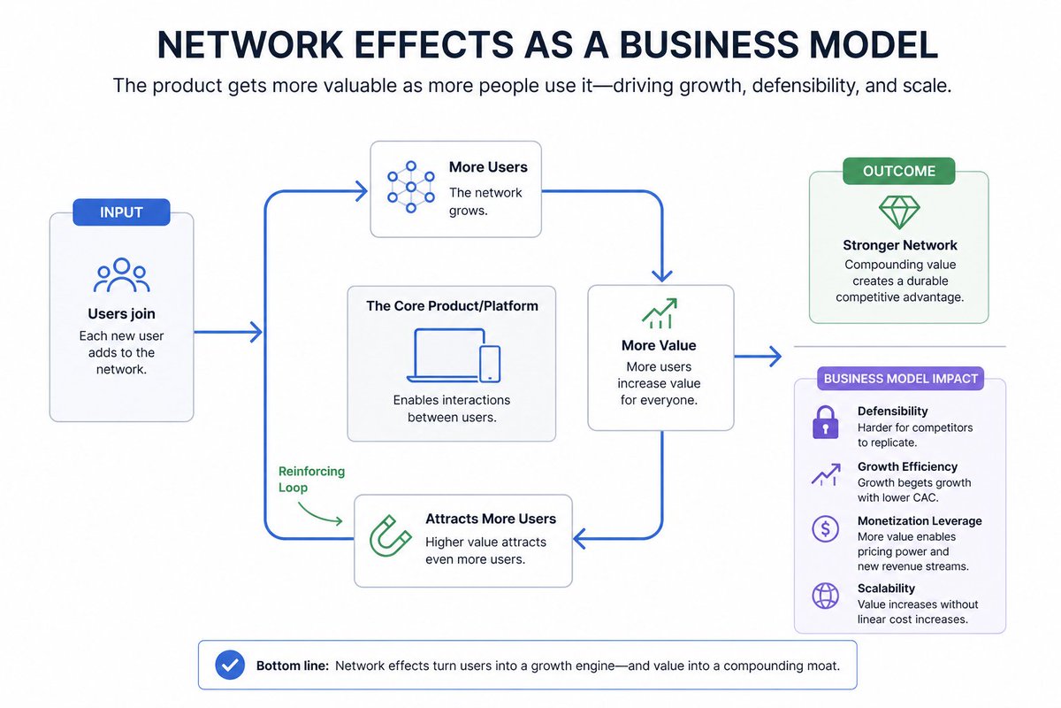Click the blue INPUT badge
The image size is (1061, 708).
121,212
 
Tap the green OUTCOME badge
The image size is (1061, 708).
898,171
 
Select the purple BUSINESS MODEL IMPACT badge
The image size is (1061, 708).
900,379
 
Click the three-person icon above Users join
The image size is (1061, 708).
122,274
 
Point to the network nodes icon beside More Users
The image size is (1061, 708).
410,187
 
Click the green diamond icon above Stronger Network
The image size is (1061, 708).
899,212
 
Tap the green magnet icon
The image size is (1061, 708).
390,535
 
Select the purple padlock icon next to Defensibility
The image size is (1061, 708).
825,422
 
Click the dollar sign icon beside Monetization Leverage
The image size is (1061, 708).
825,528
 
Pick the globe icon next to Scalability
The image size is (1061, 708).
825,596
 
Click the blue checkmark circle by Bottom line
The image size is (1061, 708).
230,665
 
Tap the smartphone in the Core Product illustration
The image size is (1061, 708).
490,364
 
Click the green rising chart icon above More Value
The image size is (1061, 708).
660,313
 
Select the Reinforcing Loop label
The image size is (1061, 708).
311,479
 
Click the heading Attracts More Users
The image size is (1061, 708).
490,519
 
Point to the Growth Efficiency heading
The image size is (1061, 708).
907,466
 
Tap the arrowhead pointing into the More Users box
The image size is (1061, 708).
362,191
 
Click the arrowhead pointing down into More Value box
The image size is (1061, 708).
661,275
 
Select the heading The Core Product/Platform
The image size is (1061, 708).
452,306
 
